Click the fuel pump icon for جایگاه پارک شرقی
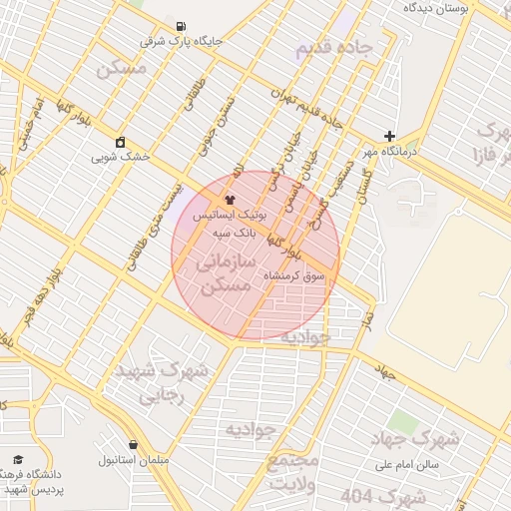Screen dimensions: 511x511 tap(180, 26)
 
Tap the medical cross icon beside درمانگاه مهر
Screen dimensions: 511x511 tap(389, 136)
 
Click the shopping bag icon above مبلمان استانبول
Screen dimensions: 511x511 tap(133, 445)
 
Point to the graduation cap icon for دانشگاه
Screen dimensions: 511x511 tap(17, 460)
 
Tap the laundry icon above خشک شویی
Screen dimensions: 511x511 tap(121, 142)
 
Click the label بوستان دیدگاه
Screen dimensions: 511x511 tap(437, 7)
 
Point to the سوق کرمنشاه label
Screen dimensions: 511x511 tap(294, 274)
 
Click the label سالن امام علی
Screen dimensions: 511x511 tap(409, 465)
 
